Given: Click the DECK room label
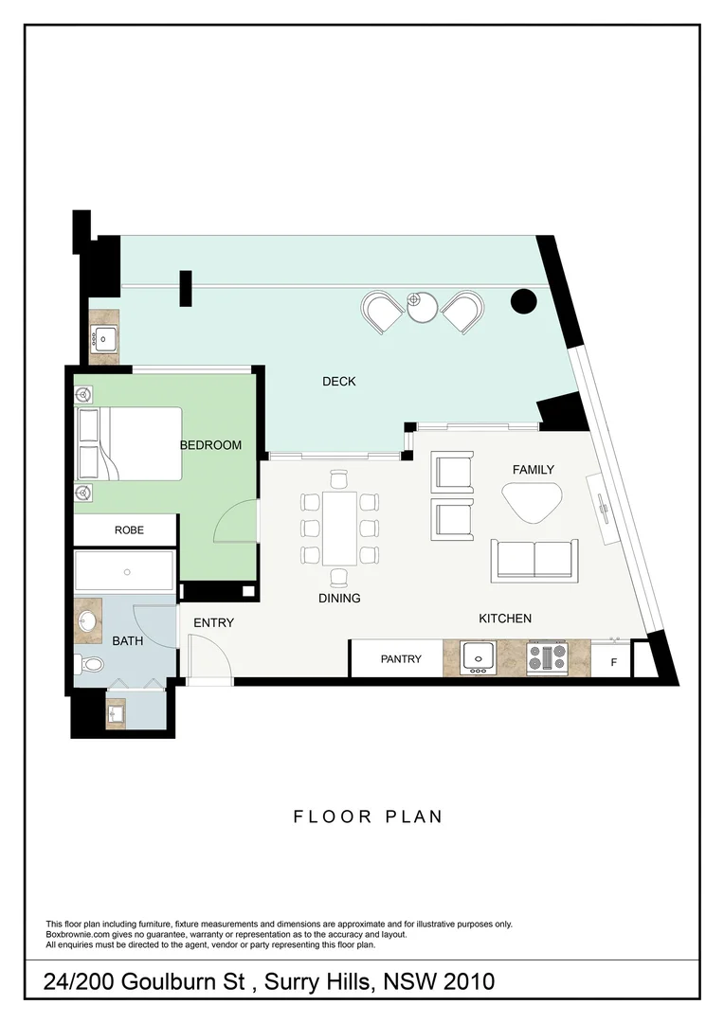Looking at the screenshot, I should tap(338, 382).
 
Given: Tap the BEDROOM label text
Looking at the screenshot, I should tap(210, 445).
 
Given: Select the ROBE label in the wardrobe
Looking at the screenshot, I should tap(129, 530).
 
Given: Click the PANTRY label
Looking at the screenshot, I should tap(401, 659).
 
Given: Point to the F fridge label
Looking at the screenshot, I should tap(613, 663).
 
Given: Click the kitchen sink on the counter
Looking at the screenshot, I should tap(479, 657).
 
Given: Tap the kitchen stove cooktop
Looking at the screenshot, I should tap(547, 657).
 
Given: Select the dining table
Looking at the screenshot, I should tap(339, 527).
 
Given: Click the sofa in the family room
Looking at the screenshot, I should tap(534, 560).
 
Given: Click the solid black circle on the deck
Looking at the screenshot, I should tap(523, 301).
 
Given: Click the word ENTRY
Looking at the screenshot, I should tap(213, 622).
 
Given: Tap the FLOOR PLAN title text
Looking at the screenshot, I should tap(368, 817).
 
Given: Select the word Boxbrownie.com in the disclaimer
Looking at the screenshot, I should tap(77, 934).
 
